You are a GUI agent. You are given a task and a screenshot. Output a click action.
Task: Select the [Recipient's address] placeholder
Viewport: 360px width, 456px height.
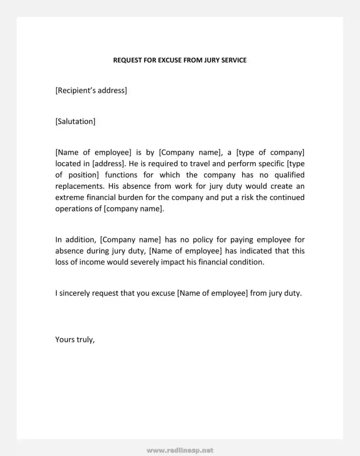(91, 91)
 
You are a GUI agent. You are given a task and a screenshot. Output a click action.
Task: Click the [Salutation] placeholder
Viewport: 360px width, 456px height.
(75, 121)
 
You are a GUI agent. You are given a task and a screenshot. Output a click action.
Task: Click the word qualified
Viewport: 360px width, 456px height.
(287, 175)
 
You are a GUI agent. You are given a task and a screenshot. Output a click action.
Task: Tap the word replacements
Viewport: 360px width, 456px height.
(78, 186)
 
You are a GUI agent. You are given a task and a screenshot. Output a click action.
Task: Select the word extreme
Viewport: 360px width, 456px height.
(69, 197)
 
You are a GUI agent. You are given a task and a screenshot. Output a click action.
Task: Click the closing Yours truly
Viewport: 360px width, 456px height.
(75, 339)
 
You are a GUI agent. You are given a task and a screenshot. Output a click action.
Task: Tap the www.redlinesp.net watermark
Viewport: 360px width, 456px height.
(180, 450)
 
